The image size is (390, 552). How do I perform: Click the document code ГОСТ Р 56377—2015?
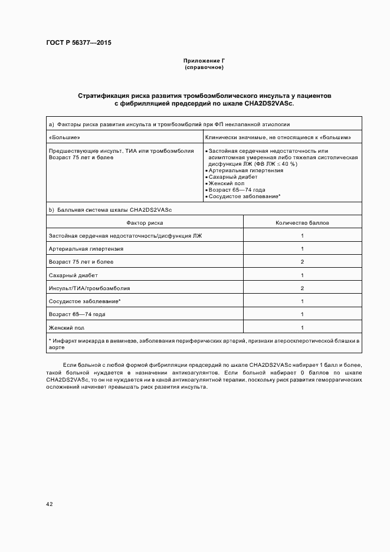[x=78, y=43]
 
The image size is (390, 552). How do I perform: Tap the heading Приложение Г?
[x=204, y=61]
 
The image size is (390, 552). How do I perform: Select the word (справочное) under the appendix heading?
[x=204, y=68]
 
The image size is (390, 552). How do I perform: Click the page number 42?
[x=50, y=504]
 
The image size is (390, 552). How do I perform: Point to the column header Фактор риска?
[x=145, y=223]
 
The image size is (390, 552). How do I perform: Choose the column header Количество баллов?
[x=302, y=223]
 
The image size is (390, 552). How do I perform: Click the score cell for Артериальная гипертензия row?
[x=302, y=249]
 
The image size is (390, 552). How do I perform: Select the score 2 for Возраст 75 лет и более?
[x=302, y=262]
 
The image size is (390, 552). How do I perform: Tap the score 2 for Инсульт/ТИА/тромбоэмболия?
[x=302, y=288]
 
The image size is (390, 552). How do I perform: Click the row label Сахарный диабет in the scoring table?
[x=73, y=275]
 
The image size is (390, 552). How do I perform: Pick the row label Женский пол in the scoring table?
[x=68, y=327]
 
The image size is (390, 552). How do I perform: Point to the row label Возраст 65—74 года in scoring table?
[x=77, y=314]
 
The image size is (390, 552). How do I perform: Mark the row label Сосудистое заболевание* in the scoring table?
[x=85, y=301]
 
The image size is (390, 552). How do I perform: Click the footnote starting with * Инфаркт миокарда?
[x=204, y=344]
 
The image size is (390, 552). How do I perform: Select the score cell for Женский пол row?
[x=302, y=327]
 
